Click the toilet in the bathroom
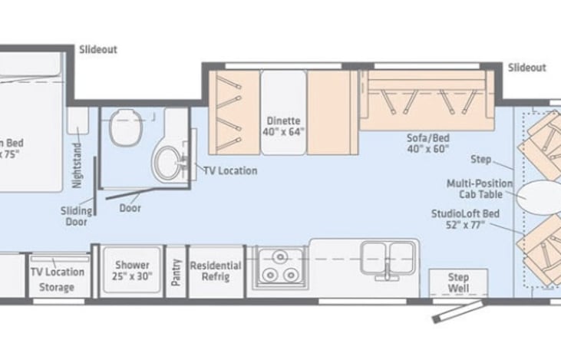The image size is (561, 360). (124, 127)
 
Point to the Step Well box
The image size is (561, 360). (458, 282)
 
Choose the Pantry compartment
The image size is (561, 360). (177, 270)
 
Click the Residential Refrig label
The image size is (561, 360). (216, 271)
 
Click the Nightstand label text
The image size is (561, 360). (77, 171)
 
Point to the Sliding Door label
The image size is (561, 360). (77, 216)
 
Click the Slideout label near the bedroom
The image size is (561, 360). (97, 49)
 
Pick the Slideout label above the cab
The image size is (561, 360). (526, 68)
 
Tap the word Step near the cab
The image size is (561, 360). (481, 160)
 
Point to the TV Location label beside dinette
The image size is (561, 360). (230, 170)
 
